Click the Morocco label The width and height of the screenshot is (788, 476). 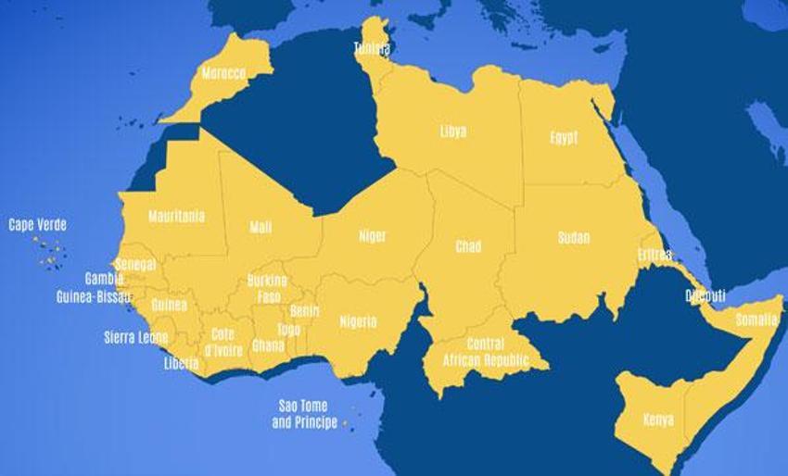(x=223, y=73)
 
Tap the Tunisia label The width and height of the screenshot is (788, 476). (x=372, y=48)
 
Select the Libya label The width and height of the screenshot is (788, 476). (x=453, y=132)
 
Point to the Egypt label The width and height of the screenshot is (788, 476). (x=564, y=138)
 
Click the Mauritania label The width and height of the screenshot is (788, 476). (x=176, y=217)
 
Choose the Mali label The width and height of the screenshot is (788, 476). (x=261, y=227)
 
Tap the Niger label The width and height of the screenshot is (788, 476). (x=373, y=236)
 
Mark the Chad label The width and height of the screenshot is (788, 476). (x=468, y=246)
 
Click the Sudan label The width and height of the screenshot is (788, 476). (x=574, y=238)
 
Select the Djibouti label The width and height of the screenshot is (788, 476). (x=705, y=296)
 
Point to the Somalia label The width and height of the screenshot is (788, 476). (x=757, y=319)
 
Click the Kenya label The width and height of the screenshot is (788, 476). (x=658, y=420)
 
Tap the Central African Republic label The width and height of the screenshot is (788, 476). (x=486, y=352)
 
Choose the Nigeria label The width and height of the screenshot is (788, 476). (x=358, y=322)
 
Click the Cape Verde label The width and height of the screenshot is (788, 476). (x=38, y=225)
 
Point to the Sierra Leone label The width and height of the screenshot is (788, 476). (x=135, y=338)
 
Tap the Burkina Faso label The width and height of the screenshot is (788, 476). (x=267, y=288)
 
